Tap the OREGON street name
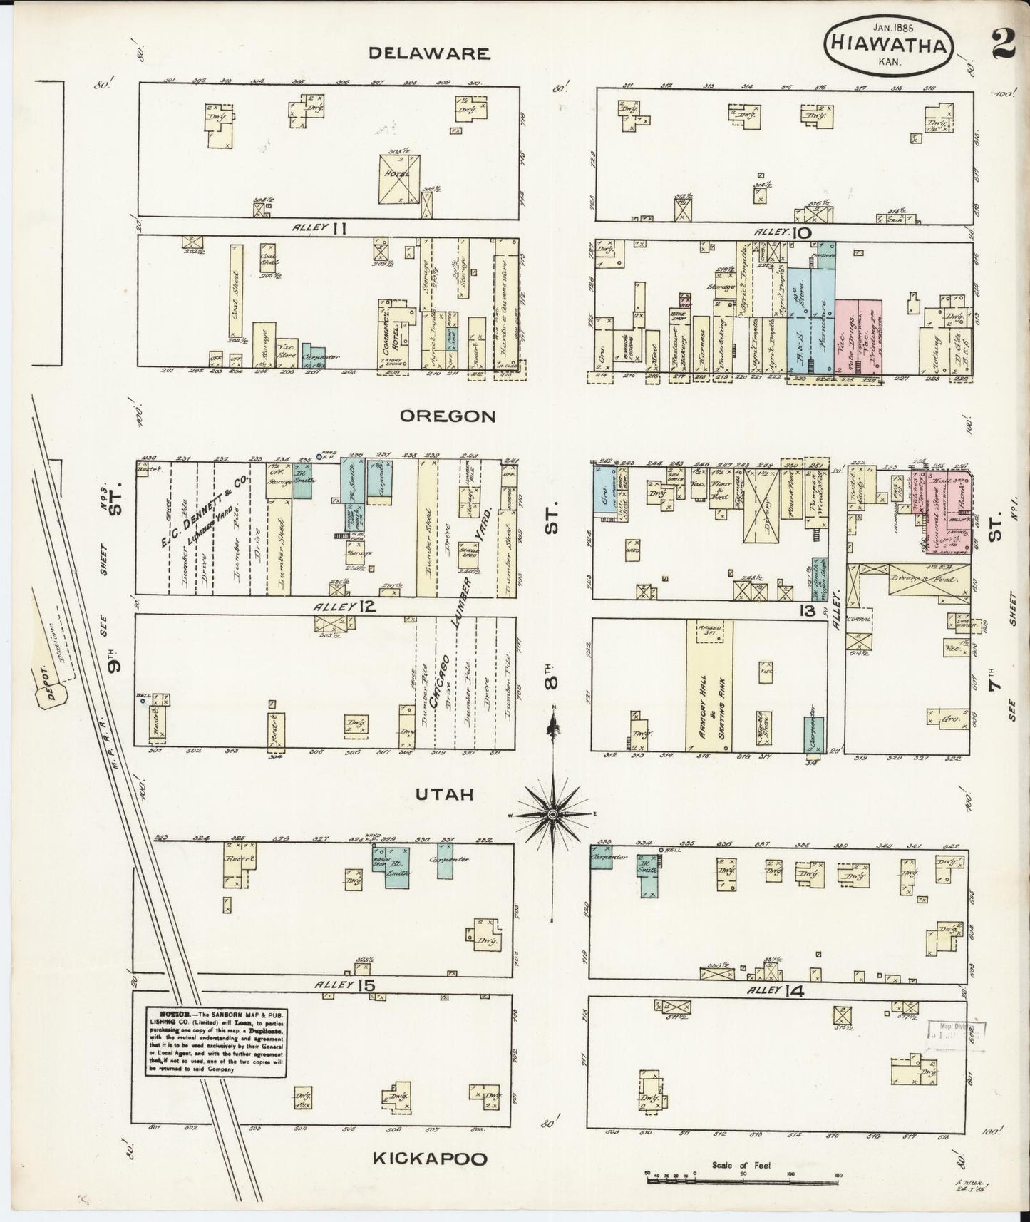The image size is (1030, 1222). pos(447,416)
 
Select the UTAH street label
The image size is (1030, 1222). pos(447,794)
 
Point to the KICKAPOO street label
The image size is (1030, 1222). pos(431,1159)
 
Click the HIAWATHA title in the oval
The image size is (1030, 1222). pos(888,48)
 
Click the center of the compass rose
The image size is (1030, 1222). pos(553,813)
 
